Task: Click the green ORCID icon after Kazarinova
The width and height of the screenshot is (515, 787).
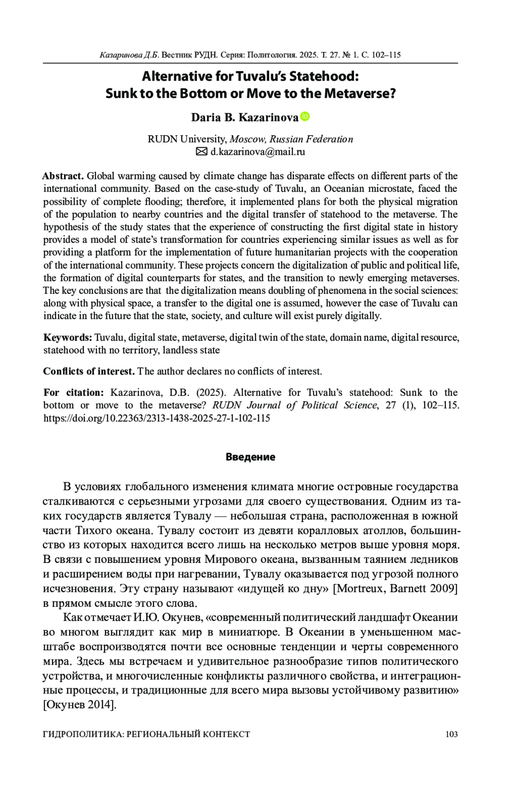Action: (x=305, y=116)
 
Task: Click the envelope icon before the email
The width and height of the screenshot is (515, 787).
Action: (x=201, y=151)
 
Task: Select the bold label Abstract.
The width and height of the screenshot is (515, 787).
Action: (x=63, y=176)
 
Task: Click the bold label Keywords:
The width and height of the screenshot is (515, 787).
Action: (x=68, y=337)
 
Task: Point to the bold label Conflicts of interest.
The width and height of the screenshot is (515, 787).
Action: (x=89, y=371)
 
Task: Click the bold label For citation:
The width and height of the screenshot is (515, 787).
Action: (x=73, y=392)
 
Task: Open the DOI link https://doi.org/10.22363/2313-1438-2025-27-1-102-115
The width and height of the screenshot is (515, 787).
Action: (x=157, y=418)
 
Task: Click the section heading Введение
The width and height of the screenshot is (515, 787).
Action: (x=251, y=457)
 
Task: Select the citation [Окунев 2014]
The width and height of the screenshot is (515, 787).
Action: (x=80, y=705)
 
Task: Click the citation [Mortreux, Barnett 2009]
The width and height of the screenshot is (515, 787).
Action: (x=395, y=588)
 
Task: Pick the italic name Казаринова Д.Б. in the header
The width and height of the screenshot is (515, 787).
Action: (x=129, y=55)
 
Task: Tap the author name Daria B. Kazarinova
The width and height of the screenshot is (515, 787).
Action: (x=244, y=117)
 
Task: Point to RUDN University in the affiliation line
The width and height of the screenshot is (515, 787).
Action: (x=187, y=139)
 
